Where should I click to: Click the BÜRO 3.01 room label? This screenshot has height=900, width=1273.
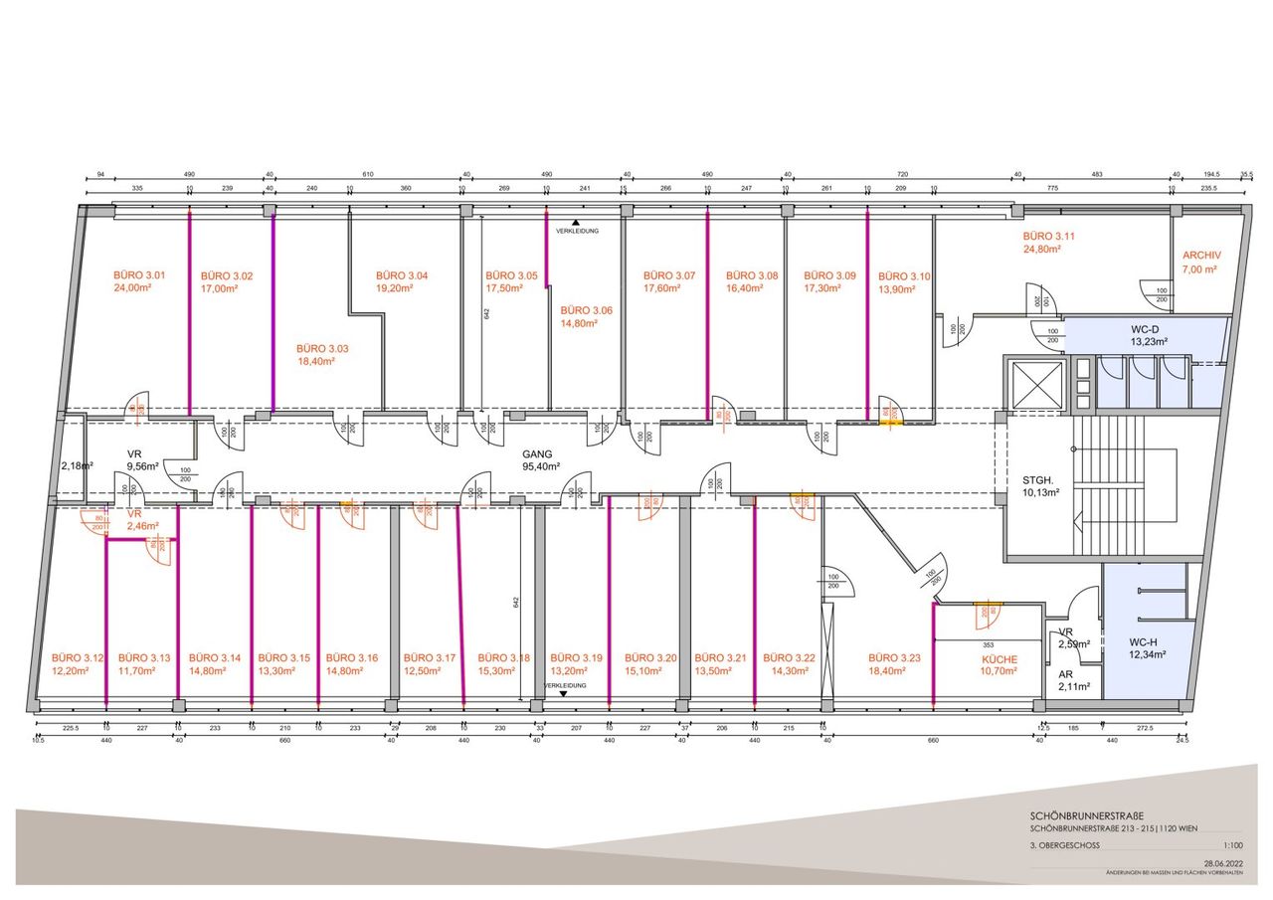click(x=138, y=275)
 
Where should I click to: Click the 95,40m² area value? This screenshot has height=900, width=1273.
click(x=542, y=465)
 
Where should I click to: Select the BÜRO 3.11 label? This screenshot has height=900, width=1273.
click(x=1050, y=237)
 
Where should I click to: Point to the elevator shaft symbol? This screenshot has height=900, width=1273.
click(x=1035, y=383)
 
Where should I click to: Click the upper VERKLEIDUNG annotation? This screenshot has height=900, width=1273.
click(x=577, y=231)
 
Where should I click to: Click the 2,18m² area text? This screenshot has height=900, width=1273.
click(x=77, y=465)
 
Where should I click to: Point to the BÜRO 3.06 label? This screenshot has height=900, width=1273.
click(x=586, y=310)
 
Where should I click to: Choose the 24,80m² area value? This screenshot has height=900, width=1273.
click(x=1043, y=250)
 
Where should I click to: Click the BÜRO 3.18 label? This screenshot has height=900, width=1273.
click(x=504, y=658)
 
